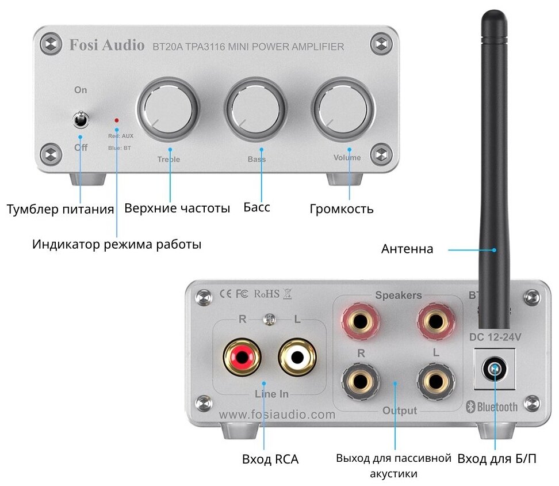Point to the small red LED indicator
(117, 120)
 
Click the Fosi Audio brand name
(106, 45)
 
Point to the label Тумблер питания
(60, 208)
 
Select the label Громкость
(341, 208)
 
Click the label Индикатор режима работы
(117, 244)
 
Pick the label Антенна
(407, 249)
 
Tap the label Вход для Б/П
(496, 460)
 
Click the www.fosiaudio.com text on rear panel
(277, 414)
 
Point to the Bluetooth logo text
(492, 407)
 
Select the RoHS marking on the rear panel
(266, 294)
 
